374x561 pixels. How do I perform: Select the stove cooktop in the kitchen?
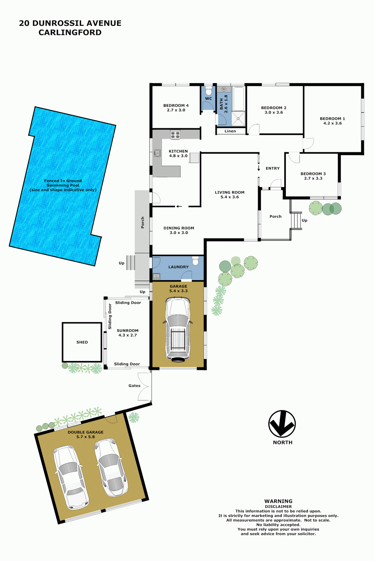click(x=175, y=135)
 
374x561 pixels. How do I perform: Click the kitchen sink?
click(x=157, y=153)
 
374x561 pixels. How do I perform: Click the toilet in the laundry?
click(x=195, y=260)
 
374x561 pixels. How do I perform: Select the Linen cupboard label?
click(x=230, y=131)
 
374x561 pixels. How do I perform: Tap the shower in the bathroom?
click(x=238, y=119)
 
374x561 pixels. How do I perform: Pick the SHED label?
click(x=82, y=342)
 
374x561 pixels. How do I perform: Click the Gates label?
click(x=135, y=386)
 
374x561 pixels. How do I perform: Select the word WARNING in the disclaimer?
click(x=278, y=501)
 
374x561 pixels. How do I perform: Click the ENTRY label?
click(x=273, y=168)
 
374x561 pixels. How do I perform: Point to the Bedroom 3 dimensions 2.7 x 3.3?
click(x=313, y=178)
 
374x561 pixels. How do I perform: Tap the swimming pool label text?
click(x=63, y=186)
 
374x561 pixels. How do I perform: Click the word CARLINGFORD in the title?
click(x=70, y=32)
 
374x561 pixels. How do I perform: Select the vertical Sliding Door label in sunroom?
click(x=110, y=316)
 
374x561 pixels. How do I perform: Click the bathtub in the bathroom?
click(x=239, y=98)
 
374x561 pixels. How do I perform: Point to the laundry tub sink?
click(x=156, y=276)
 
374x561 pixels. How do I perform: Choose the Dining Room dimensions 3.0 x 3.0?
click(x=179, y=233)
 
